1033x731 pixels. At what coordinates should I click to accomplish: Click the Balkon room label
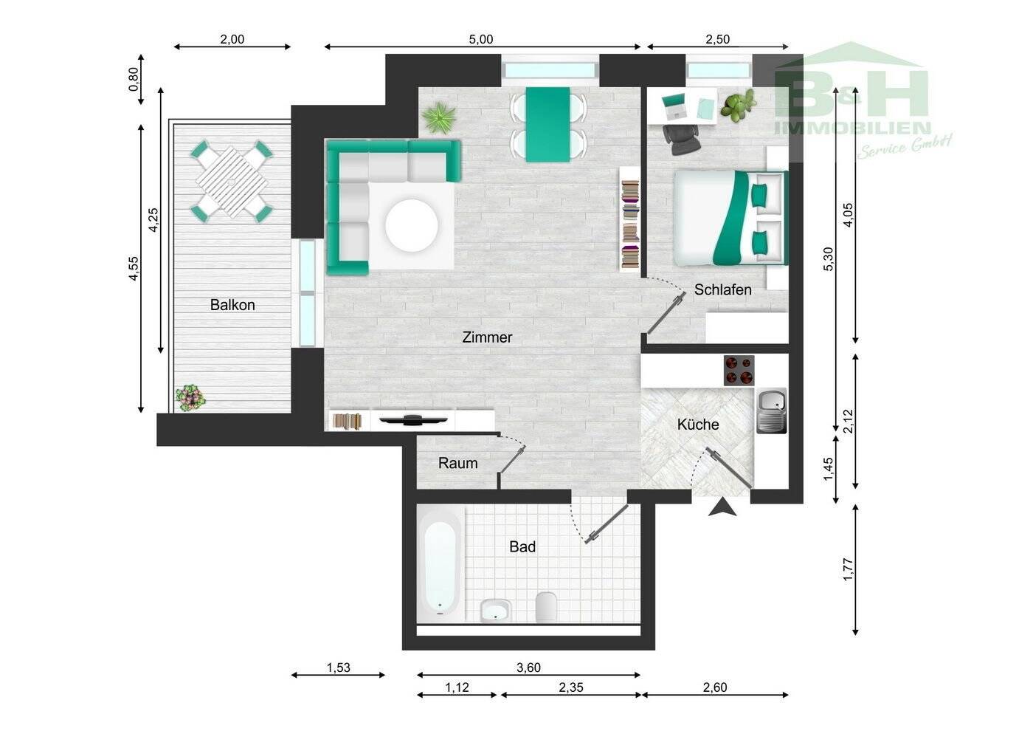232,305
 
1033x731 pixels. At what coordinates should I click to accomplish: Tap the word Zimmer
487,337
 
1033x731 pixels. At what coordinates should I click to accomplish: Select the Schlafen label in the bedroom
722,289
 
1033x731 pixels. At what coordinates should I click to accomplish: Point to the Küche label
698,425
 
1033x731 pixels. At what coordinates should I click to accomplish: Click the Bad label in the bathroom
522,547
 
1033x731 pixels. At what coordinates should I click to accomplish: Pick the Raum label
458,464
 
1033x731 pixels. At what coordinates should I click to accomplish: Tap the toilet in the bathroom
547,606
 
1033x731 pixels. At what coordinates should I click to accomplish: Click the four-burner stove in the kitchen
739,370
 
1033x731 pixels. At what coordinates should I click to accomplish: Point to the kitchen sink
772,411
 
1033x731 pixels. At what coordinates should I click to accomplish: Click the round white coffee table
412,226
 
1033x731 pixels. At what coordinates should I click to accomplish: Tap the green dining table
547,125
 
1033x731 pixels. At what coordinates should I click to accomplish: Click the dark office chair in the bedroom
682,139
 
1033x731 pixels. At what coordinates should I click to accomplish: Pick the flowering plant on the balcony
190,398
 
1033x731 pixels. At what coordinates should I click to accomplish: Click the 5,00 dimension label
481,39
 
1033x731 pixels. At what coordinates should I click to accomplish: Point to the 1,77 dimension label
848,569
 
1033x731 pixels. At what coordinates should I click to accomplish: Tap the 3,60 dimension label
528,667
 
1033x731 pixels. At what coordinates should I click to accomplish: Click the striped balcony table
232,182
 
